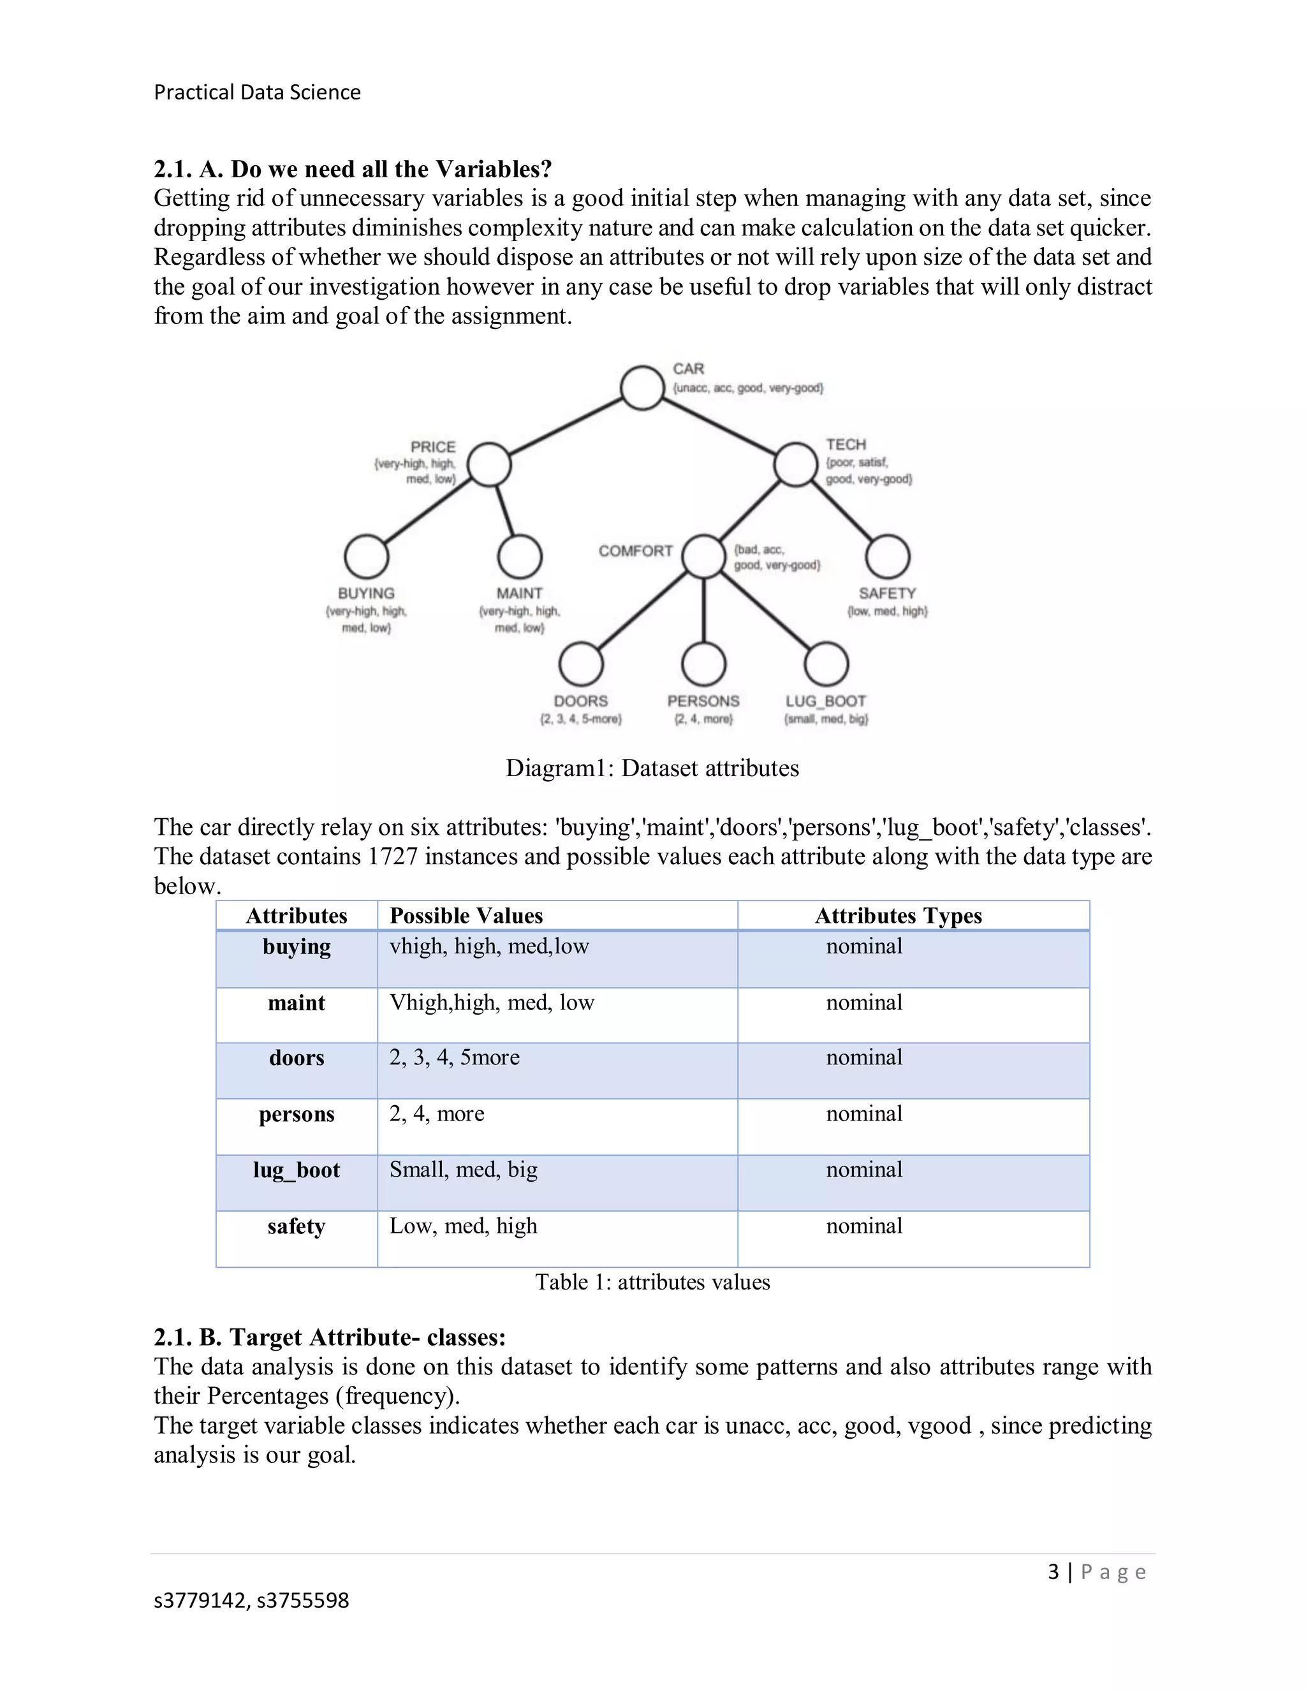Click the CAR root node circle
[642, 387]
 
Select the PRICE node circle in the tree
[489, 464]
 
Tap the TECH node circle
[796, 464]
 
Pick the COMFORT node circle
[703, 556]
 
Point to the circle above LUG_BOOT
[826, 664]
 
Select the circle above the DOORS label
[581, 664]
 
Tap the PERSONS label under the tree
[703, 701]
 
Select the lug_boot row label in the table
[297, 1170]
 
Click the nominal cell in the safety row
[864, 1226]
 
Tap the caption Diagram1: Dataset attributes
[652, 768]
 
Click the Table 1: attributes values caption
[652, 1282]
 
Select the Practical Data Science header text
[257, 92]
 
